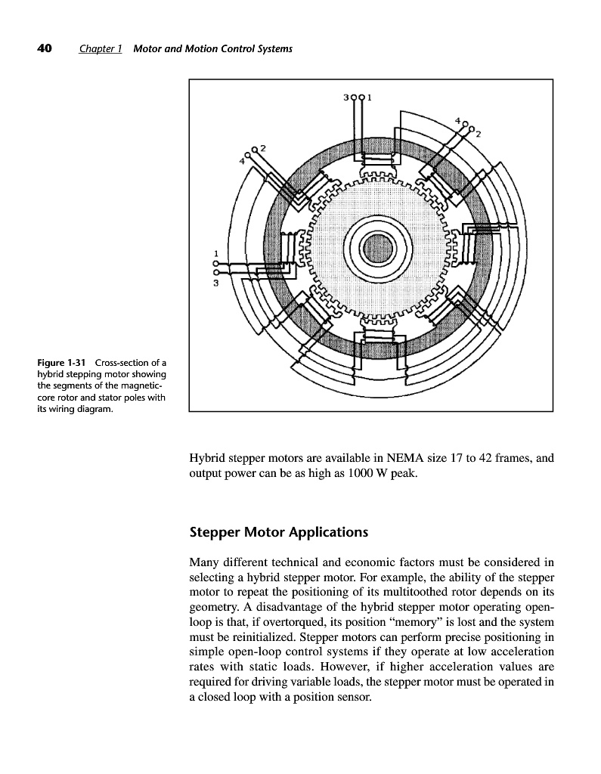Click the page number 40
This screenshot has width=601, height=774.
(44, 49)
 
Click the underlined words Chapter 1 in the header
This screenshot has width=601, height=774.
(101, 50)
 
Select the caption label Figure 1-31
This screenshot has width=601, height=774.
(60, 364)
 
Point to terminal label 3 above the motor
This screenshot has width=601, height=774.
(345, 98)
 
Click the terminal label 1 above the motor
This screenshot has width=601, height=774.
(370, 98)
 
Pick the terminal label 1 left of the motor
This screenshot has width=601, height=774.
(216, 252)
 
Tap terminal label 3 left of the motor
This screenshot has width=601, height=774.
(216, 283)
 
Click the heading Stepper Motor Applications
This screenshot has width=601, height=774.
(279, 531)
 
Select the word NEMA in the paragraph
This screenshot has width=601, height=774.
(407, 457)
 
